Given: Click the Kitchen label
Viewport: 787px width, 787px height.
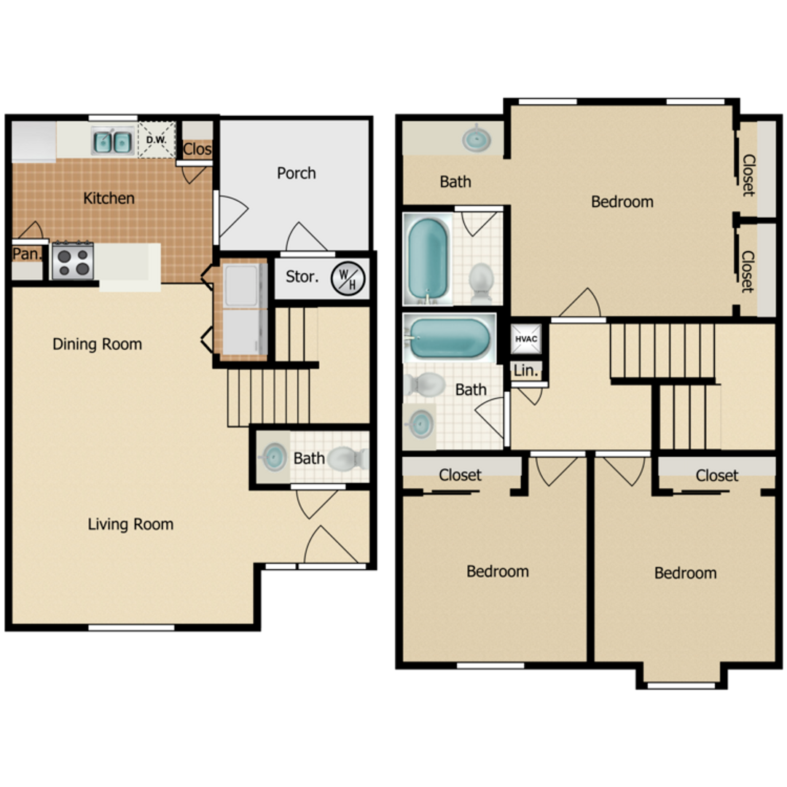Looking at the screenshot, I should click(x=109, y=198).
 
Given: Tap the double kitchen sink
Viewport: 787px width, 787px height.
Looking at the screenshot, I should click(x=112, y=141).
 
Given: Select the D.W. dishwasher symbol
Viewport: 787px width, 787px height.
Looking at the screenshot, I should click(x=157, y=140).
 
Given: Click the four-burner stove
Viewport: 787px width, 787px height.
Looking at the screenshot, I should click(x=73, y=261).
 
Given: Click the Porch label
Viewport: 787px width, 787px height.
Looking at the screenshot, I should click(x=297, y=173).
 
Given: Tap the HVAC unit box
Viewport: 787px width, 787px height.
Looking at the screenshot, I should click(x=525, y=339).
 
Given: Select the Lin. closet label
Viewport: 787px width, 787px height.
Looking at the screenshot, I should click(x=525, y=371).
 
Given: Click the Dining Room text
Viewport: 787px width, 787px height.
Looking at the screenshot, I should click(x=97, y=344).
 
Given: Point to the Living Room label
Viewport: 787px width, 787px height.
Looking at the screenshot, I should click(x=130, y=524).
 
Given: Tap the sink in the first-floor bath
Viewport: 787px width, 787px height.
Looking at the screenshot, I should click(x=273, y=458).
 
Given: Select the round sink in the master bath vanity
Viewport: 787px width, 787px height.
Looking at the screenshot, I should click(x=476, y=137).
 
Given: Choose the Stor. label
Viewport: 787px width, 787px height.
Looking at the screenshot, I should click(x=301, y=277).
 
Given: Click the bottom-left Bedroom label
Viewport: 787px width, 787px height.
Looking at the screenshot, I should click(x=498, y=571).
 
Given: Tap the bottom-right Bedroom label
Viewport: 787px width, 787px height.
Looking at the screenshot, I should click(x=685, y=573).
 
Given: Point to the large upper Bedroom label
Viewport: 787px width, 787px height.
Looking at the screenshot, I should click(x=622, y=202).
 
